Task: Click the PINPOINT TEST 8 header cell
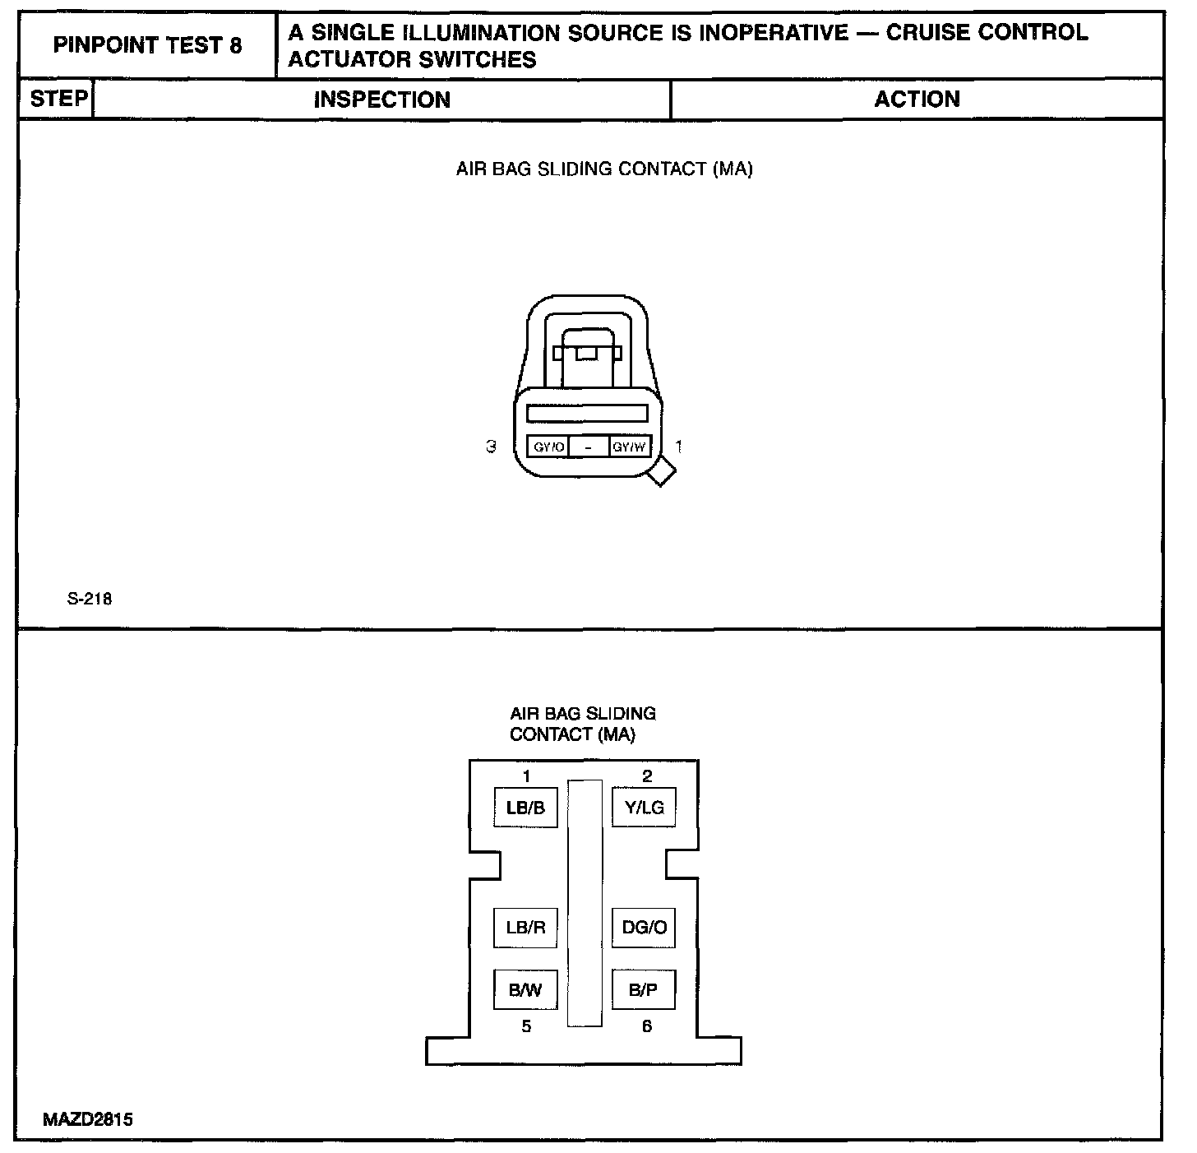tap(147, 45)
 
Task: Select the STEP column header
tap(58, 99)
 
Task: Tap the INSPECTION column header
tap(382, 100)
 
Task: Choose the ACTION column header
tap(917, 100)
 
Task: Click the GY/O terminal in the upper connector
tap(548, 447)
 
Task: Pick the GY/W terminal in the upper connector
tap(631, 447)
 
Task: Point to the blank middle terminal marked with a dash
tap(589, 447)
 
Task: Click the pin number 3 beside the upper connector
tap(491, 447)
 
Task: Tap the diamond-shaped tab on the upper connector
tap(661, 472)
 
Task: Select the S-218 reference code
tap(90, 599)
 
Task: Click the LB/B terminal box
tap(525, 808)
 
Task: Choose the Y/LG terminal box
tap(644, 808)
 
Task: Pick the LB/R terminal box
tap(525, 928)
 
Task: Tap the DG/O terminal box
tap(644, 928)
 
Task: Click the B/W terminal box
tap(525, 990)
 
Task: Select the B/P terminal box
tap(644, 990)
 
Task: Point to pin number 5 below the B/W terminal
tap(526, 1026)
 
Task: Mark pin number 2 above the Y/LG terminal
tap(647, 776)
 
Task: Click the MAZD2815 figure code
tap(89, 1119)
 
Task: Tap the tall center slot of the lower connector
tap(585, 903)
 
